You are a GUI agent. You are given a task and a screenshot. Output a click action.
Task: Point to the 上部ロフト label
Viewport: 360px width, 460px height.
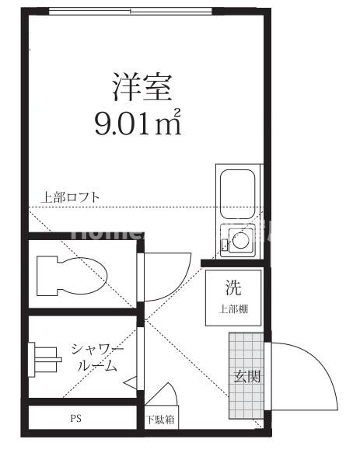pos(70,197)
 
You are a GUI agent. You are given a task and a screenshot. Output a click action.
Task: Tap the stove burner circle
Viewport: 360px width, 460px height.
pos(239,242)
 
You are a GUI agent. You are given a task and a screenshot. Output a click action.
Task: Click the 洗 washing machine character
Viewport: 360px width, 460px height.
pos(234,288)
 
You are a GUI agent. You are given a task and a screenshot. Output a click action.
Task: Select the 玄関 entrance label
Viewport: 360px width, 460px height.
pos(247,378)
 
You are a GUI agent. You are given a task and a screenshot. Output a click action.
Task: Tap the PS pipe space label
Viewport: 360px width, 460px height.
pos(76,418)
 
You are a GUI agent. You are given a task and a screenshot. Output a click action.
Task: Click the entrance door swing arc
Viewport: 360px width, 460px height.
pos(311,373)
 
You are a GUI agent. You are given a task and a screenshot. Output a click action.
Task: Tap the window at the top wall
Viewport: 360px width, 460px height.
pos(130,12)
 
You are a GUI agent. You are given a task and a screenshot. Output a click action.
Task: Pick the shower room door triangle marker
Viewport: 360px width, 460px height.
pos(131,382)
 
